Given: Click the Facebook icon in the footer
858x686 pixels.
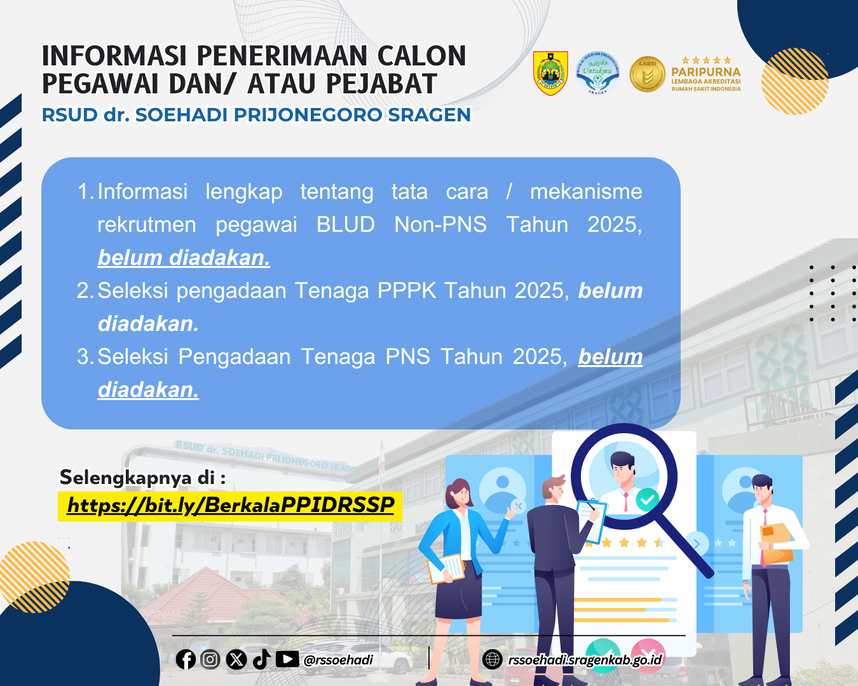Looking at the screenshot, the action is tap(186, 659).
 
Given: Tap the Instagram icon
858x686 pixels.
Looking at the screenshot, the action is tap(210, 659).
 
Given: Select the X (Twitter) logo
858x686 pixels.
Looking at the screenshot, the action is tap(236, 659).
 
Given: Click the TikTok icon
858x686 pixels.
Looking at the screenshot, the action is tap(262, 659).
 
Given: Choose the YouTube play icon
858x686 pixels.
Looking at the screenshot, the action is tap(287, 659).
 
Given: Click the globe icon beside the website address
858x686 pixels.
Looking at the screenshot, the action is tap(493, 659).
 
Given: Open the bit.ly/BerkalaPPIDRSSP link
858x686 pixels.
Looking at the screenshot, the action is tap(231, 506).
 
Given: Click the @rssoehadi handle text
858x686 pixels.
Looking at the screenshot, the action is tap(338, 660).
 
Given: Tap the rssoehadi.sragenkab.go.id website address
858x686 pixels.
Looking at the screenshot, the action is tap(585, 660).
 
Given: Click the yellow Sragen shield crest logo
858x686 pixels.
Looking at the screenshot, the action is tap(550, 73).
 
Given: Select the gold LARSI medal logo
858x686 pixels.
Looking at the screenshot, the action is tap(647, 74).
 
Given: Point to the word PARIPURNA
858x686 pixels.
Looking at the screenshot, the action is tap(705, 72).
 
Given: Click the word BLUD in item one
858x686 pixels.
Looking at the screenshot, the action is tap(345, 224).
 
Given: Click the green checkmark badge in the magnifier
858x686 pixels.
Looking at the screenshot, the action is tap(647, 499).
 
